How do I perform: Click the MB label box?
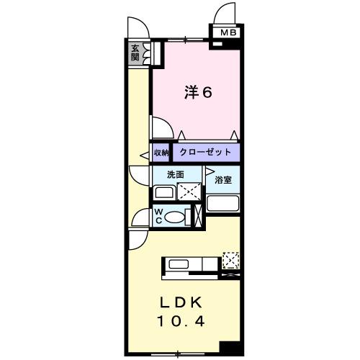(x=228, y=32)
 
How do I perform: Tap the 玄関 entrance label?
(x=135, y=53)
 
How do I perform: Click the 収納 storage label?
(x=161, y=153)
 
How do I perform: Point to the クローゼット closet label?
(x=205, y=153)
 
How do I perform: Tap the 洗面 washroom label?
(x=175, y=175)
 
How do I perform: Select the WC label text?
(x=160, y=216)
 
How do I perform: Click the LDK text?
(x=185, y=300)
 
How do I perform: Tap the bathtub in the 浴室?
(x=222, y=204)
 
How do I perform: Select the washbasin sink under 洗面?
(x=164, y=192)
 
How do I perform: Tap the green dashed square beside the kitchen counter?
(x=230, y=259)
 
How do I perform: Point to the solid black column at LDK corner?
(x=230, y=346)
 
